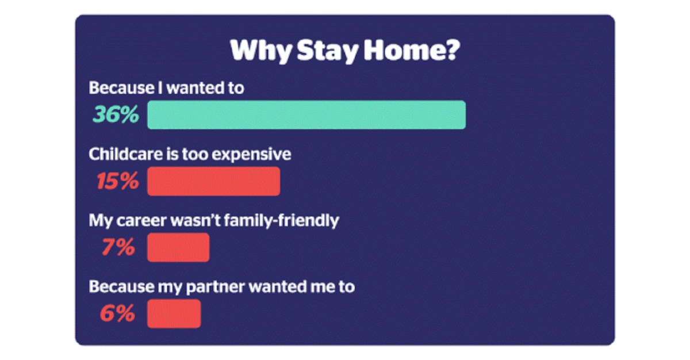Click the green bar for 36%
[x=306, y=114]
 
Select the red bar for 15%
[x=213, y=181]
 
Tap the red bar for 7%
[x=178, y=247]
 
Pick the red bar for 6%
[x=174, y=313]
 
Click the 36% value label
[x=116, y=115]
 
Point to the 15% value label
[x=117, y=182]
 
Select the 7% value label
[x=118, y=248]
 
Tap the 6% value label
[x=117, y=314]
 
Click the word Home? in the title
[x=411, y=51]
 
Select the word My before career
[x=98, y=221]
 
